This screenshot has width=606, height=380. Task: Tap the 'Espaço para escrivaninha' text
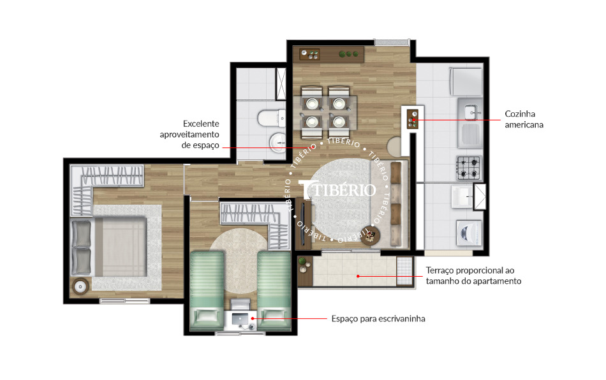378,318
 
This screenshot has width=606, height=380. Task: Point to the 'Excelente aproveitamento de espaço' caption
189,135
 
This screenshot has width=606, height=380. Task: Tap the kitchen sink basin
470,112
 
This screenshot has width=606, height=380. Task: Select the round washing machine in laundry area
469,232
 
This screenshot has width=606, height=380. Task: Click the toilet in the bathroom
269,117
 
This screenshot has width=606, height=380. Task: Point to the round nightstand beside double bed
81,286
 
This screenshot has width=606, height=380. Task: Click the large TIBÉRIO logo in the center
337,189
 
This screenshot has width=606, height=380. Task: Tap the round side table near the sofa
370,237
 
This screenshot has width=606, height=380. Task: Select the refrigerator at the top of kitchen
466,82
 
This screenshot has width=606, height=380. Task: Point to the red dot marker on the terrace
358,276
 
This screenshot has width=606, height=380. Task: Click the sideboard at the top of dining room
328,54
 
